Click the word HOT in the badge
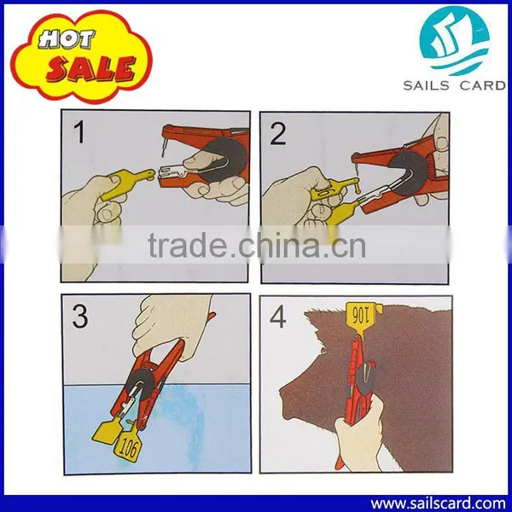[x=67, y=39]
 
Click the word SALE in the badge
[x=91, y=68]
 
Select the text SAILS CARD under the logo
[x=454, y=85]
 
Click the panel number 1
[x=79, y=132]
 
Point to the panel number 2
[x=277, y=134]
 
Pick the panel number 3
[x=80, y=317]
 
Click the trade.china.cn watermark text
[x=257, y=245]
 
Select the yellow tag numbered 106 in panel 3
[x=128, y=446]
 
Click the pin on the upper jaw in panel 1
[x=164, y=147]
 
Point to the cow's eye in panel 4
[x=323, y=351]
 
